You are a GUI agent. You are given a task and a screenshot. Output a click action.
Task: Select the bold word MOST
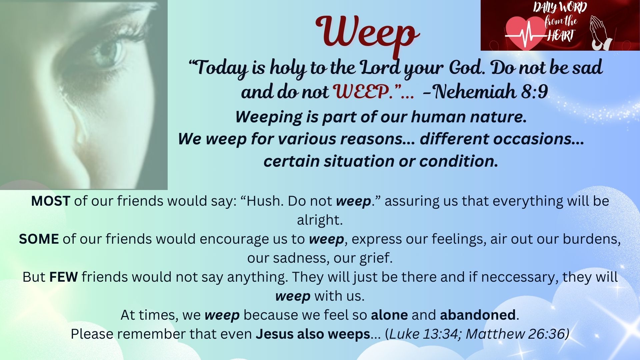click(x=50, y=201)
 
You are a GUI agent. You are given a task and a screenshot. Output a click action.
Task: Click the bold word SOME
click(x=39, y=239)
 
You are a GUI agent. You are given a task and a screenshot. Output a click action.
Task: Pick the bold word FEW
click(x=64, y=277)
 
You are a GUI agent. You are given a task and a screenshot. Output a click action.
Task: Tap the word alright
click(x=320, y=220)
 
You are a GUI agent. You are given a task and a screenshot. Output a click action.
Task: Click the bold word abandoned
click(x=478, y=315)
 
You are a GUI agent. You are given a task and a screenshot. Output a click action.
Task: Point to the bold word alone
click(x=389, y=315)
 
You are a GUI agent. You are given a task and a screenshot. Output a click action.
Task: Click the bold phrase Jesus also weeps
click(x=313, y=334)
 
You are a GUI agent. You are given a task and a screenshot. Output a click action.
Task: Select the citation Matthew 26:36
click(x=515, y=334)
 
